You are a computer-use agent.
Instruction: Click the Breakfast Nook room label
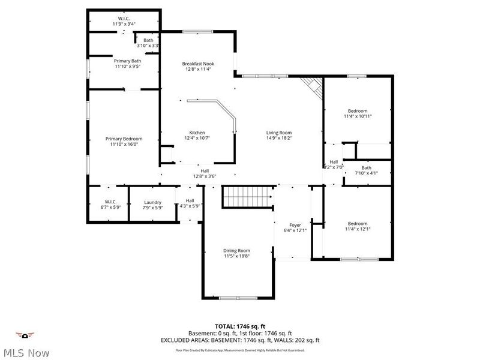click(x=198, y=64)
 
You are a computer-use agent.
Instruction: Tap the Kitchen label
click(x=197, y=133)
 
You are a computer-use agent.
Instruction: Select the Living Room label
click(x=279, y=133)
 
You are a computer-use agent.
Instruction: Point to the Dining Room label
click(x=236, y=250)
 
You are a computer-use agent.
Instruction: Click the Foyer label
click(x=295, y=225)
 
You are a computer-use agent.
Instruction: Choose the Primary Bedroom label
click(x=124, y=139)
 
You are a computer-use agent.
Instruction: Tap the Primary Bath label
click(x=127, y=61)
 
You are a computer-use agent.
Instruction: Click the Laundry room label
click(x=152, y=202)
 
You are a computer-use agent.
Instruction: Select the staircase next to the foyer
click(x=248, y=197)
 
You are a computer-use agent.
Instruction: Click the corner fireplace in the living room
click(x=312, y=88)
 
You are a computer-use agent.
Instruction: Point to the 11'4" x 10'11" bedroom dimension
click(x=358, y=116)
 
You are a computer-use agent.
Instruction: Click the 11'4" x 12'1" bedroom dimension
click(x=358, y=229)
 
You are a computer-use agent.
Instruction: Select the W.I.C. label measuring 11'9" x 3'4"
click(x=124, y=24)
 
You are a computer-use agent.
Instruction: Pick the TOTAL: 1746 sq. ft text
click(x=239, y=326)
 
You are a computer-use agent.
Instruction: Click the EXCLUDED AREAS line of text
click(x=239, y=340)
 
